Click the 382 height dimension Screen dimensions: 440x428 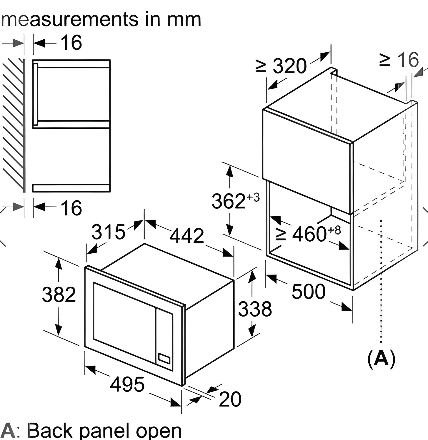pos(59,294)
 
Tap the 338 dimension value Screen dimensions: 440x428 pos(255,309)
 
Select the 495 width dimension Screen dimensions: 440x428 pos(127,384)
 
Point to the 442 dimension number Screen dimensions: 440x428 pos(187,235)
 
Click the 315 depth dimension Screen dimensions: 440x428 pos(108,232)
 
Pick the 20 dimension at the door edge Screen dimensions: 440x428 pos(230,399)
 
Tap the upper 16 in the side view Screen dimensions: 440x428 pos(71,43)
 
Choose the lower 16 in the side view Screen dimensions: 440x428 pos(71,208)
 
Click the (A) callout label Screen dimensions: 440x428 pos(381,358)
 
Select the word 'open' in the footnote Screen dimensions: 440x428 pos(159,431)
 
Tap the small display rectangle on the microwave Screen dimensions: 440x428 pos(164,358)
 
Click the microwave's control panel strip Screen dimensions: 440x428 pos(164,338)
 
